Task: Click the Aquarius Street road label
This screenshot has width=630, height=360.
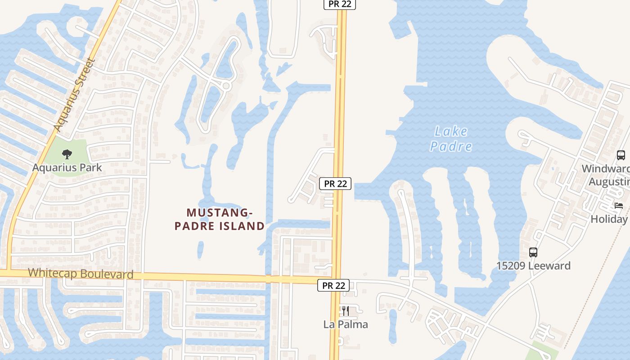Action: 74,95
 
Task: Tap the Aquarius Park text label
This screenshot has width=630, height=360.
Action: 67,167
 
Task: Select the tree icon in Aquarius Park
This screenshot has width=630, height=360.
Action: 67,154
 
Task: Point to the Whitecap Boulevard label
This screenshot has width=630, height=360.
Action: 81,274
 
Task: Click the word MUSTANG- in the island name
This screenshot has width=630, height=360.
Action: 218,212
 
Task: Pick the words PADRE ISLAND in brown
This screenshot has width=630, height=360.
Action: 220,226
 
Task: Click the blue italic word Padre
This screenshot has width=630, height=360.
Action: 451,146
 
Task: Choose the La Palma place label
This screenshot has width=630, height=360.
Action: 346,324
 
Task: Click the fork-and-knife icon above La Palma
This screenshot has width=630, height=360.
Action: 346,310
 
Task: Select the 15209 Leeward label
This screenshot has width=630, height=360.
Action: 533,265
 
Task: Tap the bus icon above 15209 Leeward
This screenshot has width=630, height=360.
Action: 533,252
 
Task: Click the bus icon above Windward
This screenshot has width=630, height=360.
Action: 621,155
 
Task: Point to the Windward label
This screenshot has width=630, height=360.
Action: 606,169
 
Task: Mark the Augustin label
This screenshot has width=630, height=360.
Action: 609,182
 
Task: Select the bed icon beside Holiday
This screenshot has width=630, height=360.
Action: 619,206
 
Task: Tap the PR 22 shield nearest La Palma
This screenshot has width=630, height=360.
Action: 333,285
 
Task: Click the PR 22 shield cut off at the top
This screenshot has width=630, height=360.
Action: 340,4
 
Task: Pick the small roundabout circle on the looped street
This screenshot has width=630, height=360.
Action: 226,85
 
